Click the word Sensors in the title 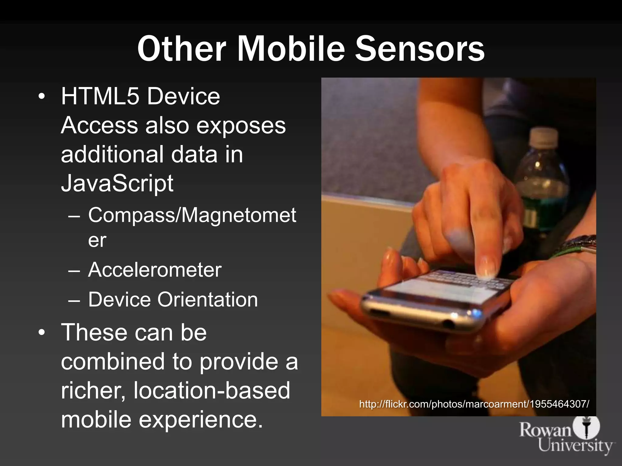[x=420, y=49]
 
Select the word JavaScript [x=117, y=183]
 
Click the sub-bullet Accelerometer [x=155, y=270]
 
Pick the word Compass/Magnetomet [x=192, y=215]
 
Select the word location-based [x=212, y=390]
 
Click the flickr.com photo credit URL [x=474, y=404]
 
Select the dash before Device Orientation [x=74, y=300]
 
